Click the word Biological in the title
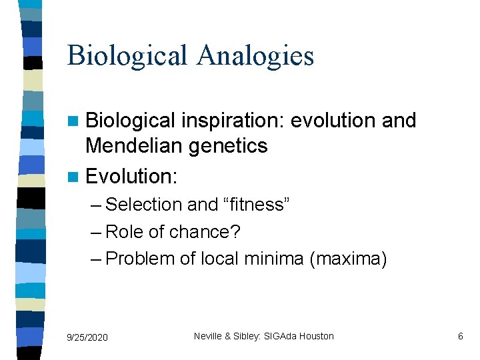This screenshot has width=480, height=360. coord(127,55)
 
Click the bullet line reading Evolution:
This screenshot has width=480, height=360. coord(132,176)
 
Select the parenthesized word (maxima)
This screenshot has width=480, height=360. coord(349,258)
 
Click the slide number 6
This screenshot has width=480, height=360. coord(460,337)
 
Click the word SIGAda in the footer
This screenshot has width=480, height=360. coord(279,337)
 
